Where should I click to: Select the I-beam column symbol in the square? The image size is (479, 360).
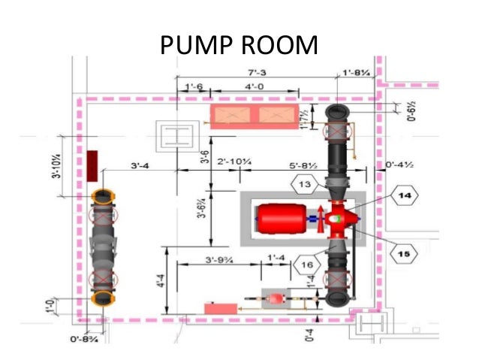[x=178, y=137]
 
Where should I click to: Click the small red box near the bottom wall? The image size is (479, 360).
[x=218, y=308]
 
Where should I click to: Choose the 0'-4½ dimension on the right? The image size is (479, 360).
[x=398, y=162]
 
